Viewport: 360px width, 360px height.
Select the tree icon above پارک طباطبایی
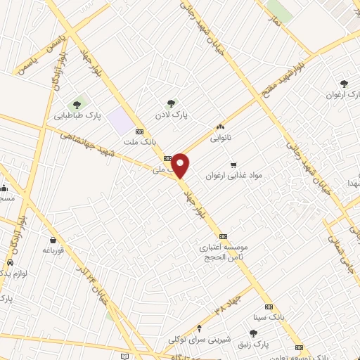pyautogui.click(x=77, y=105)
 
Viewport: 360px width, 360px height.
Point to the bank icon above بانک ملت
pyautogui.click(x=139, y=131)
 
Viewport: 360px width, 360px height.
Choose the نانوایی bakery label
pyautogui.click(x=220, y=139)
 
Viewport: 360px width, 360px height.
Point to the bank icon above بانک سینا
pyautogui.click(x=269, y=307)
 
